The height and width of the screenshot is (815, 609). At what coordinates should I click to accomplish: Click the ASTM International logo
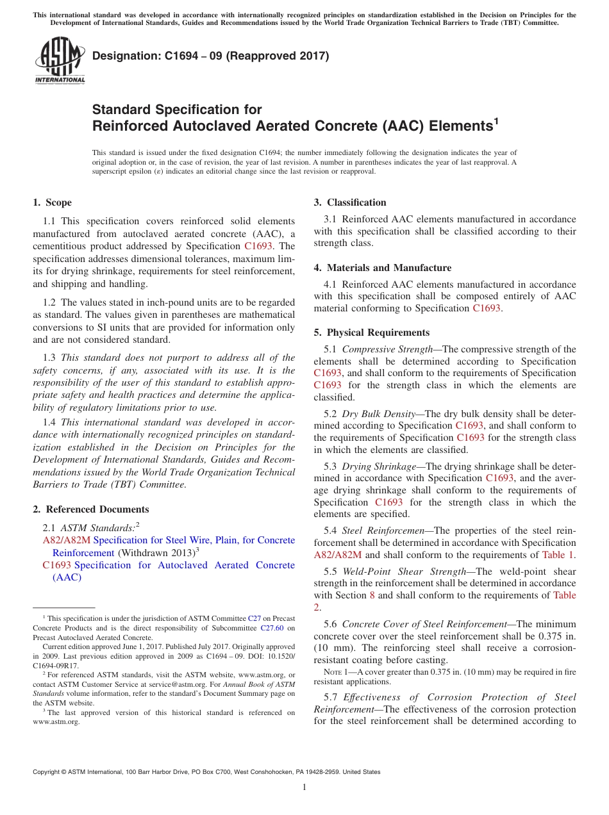pos(59,62)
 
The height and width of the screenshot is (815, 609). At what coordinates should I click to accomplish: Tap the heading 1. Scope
pos(53,202)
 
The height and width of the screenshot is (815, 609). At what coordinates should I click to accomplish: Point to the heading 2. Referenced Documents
pos(91,509)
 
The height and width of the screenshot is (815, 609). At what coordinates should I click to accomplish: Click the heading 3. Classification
pos(350,202)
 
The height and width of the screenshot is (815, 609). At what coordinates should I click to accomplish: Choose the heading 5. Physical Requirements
pos(372,333)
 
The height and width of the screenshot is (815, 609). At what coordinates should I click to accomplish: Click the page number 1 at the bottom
pos(304,787)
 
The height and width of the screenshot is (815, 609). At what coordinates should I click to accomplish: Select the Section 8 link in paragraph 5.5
pos(372,595)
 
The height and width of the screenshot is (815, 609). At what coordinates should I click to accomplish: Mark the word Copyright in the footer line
pos(48,772)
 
